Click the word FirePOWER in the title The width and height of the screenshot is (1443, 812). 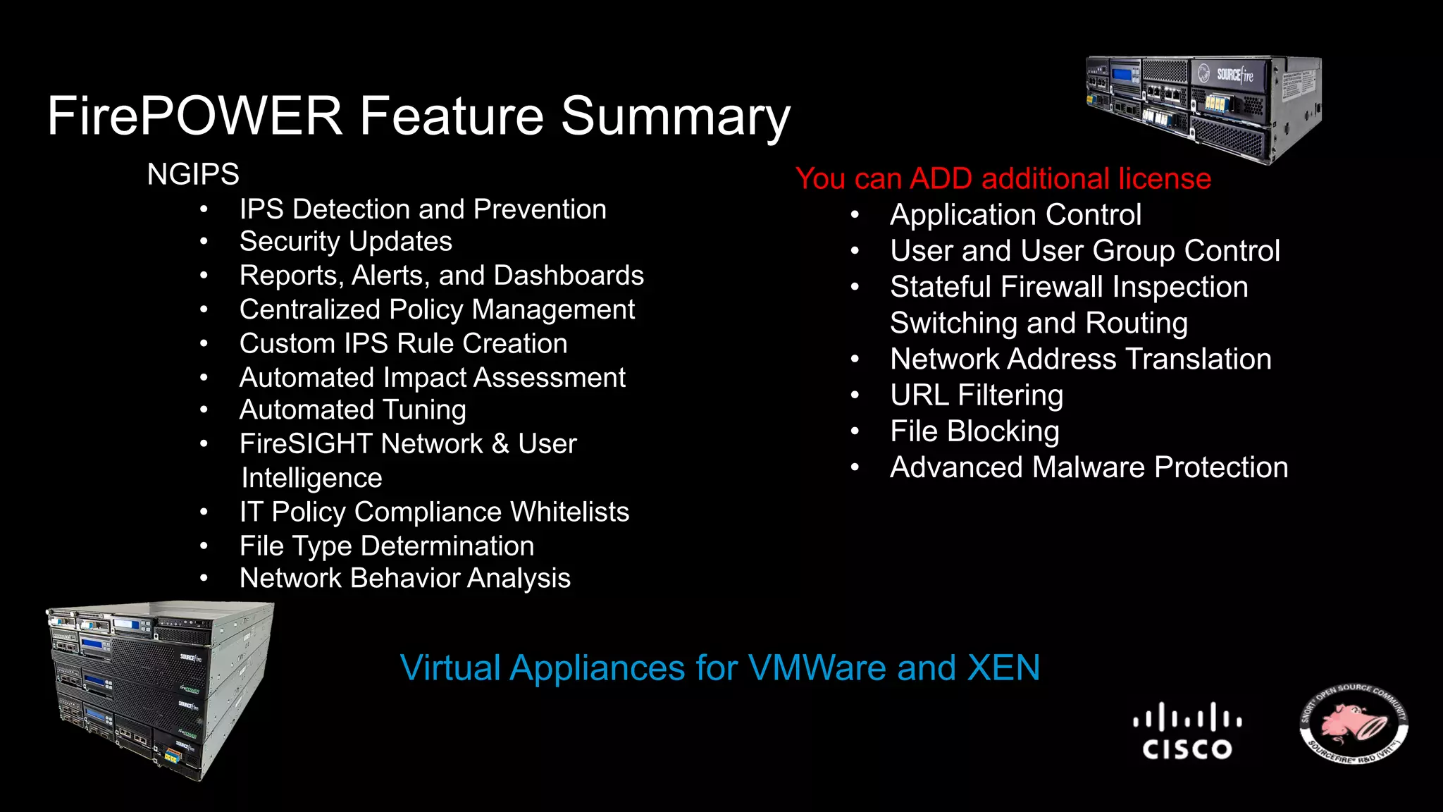click(x=194, y=116)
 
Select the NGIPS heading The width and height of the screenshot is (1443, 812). click(x=193, y=174)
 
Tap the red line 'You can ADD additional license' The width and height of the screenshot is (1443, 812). click(x=1003, y=178)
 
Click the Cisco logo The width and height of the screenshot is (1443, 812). click(x=1187, y=731)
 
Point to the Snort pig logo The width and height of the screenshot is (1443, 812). click(x=1354, y=724)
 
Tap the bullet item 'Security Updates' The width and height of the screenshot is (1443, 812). click(x=345, y=242)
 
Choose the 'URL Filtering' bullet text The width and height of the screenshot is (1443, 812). click(x=976, y=395)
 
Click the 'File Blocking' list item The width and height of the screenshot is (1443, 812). click(x=974, y=431)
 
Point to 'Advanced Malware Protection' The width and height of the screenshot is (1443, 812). click(x=1089, y=467)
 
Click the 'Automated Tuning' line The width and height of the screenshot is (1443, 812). click(x=352, y=410)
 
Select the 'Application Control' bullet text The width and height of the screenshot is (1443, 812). click(x=1015, y=215)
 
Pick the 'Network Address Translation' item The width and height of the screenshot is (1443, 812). click(x=1080, y=359)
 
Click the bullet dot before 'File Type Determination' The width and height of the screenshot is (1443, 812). click(x=204, y=546)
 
